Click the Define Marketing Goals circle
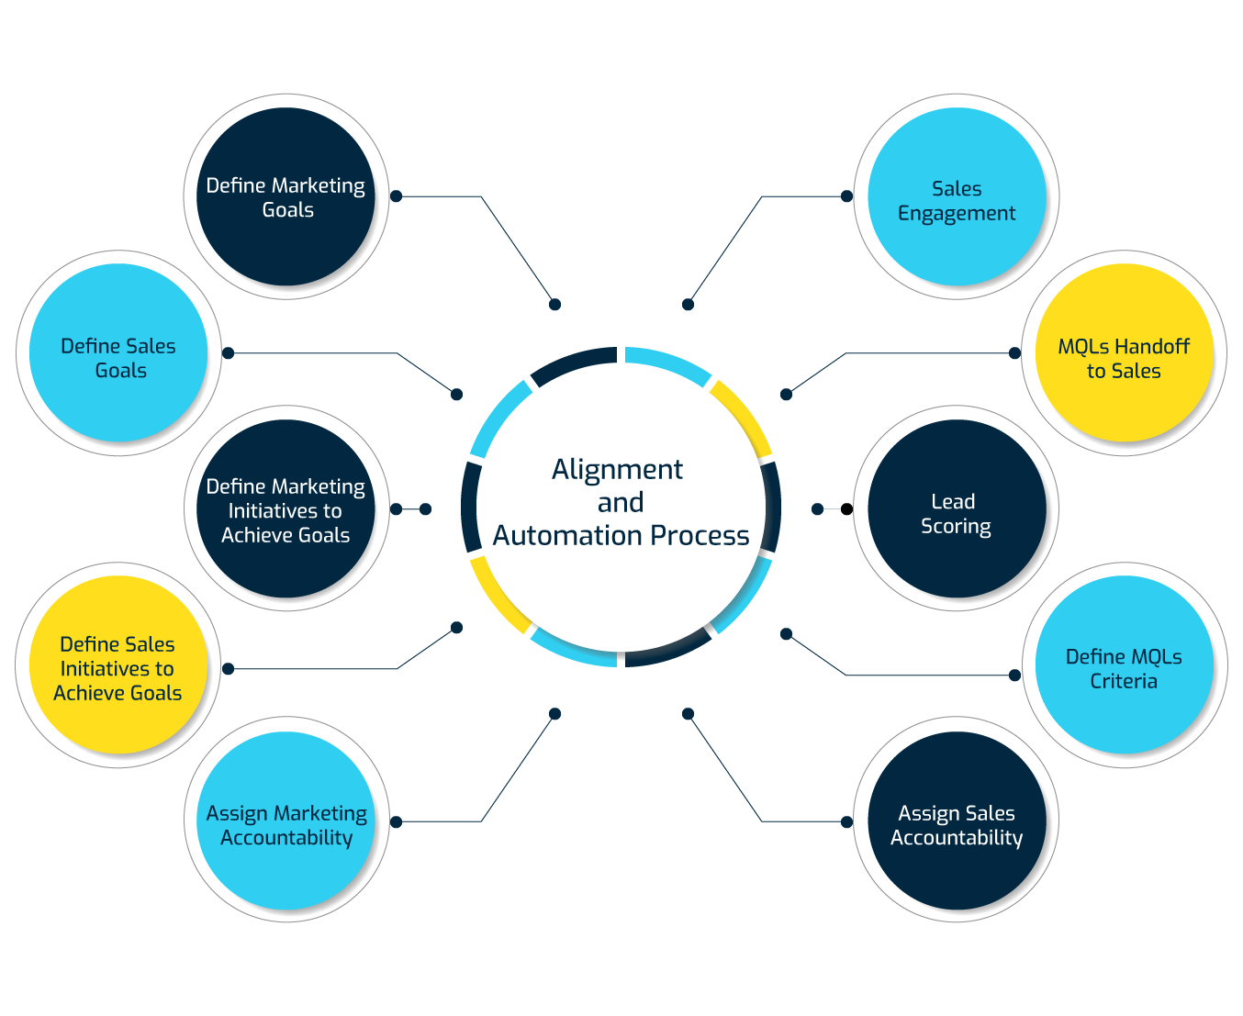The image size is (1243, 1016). point(286,196)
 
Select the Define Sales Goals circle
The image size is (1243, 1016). point(118,353)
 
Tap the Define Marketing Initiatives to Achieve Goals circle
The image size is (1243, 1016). point(286,509)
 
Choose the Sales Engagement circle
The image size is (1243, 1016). point(956,196)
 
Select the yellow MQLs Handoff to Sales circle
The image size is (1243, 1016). point(1124,353)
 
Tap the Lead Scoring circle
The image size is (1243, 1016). point(956,509)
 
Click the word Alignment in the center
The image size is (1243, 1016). point(617,470)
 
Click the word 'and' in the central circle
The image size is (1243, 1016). point(621,503)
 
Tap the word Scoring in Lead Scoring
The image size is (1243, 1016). point(956,527)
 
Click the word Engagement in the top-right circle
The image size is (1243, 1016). point(956,214)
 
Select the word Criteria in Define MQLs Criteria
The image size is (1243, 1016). point(1124,681)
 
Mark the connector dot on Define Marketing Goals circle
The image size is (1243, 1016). point(397,196)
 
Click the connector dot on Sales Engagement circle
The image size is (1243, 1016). point(846,196)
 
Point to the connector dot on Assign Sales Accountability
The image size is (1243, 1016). point(846,821)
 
